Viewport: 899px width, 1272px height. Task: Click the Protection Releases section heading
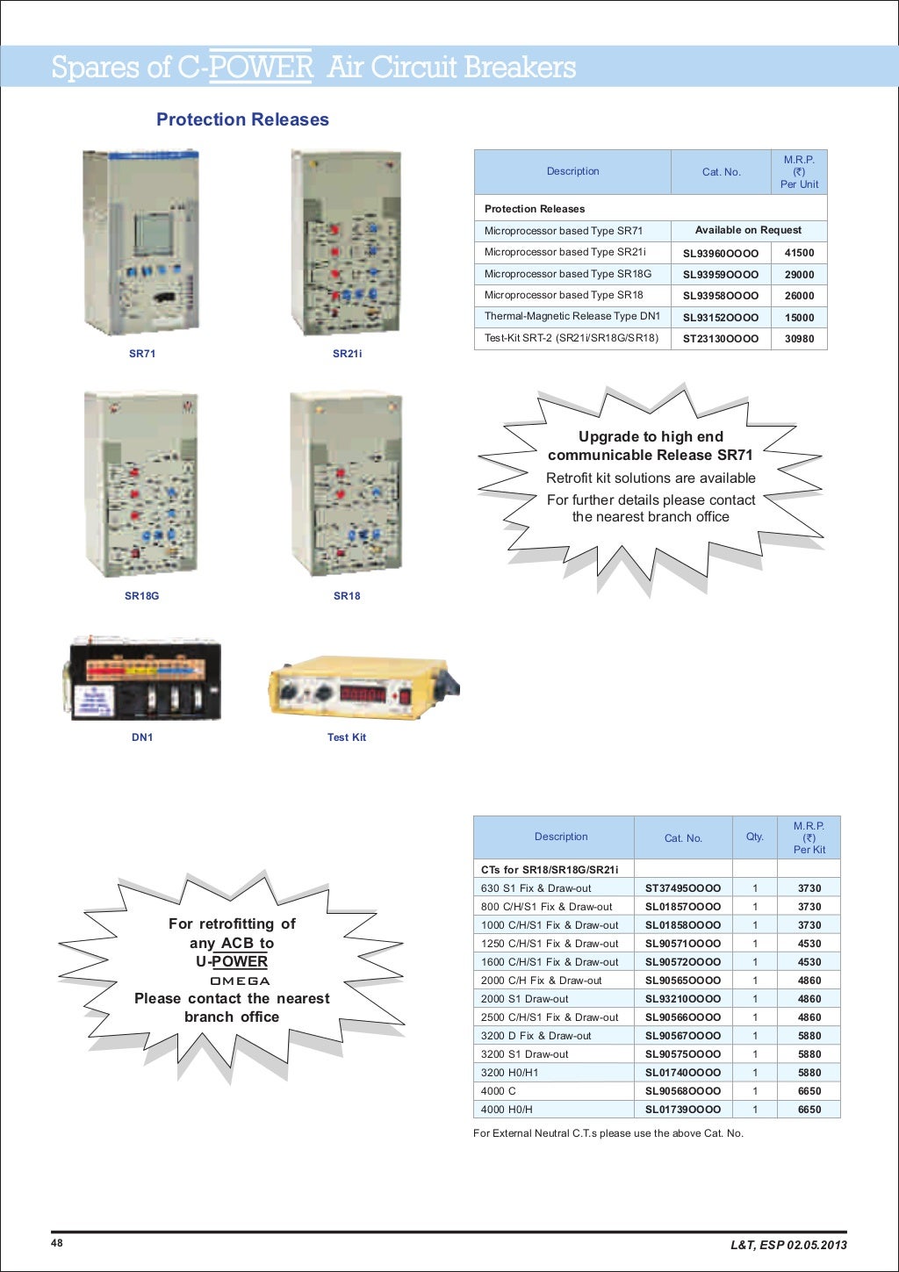(x=242, y=120)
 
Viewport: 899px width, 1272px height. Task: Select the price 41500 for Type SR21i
(x=799, y=253)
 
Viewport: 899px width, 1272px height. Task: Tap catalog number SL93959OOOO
(x=720, y=275)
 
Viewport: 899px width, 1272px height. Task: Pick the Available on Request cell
(x=748, y=230)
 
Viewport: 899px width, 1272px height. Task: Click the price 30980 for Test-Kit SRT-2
(x=799, y=339)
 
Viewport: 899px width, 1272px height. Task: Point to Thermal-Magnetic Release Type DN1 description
(x=572, y=317)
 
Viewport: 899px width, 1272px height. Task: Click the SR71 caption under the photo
(x=142, y=354)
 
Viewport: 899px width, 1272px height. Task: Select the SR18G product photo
(x=141, y=484)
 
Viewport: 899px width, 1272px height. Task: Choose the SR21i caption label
(x=347, y=354)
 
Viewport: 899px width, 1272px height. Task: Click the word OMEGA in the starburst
(x=240, y=981)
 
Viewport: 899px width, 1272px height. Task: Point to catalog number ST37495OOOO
(x=682, y=888)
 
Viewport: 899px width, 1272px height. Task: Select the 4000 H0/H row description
(x=507, y=1110)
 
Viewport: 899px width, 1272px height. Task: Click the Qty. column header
(x=754, y=837)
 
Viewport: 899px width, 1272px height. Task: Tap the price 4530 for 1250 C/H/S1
(x=809, y=944)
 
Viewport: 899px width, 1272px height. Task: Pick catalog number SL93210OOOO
(x=682, y=999)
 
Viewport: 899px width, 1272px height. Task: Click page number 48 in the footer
(x=57, y=1243)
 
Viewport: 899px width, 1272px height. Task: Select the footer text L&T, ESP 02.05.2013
(x=788, y=1245)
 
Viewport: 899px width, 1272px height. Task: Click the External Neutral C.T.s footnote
(x=608, y=1133)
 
